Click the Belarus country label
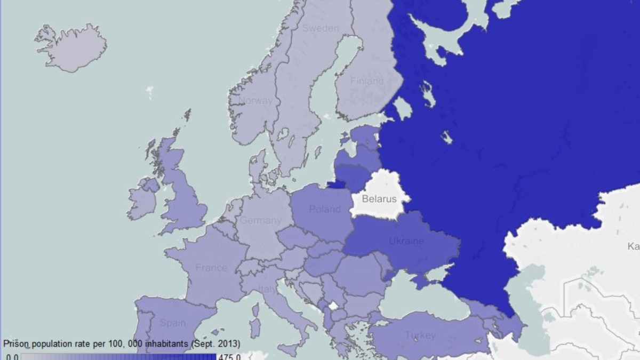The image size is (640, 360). (x=379, y=199)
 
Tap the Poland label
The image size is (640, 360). (x=324, y=209)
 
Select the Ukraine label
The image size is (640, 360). (x=406, y=241)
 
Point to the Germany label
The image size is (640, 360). (x=260, y=220)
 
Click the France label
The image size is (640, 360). (x=211, y=268)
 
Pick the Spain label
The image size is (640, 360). (x=173, y=323)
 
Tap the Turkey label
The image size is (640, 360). (x=420, y=335)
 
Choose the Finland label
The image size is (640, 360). (x=366, y=81)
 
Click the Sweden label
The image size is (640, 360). (x=321, y=28)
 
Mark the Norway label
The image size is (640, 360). (x=255, y=100)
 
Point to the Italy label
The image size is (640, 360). (x=268, y=290)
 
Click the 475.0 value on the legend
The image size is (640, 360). (x=229, y=356)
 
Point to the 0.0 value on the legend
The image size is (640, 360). (x=12, y=356)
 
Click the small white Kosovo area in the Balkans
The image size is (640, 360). (x=333, y=306)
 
